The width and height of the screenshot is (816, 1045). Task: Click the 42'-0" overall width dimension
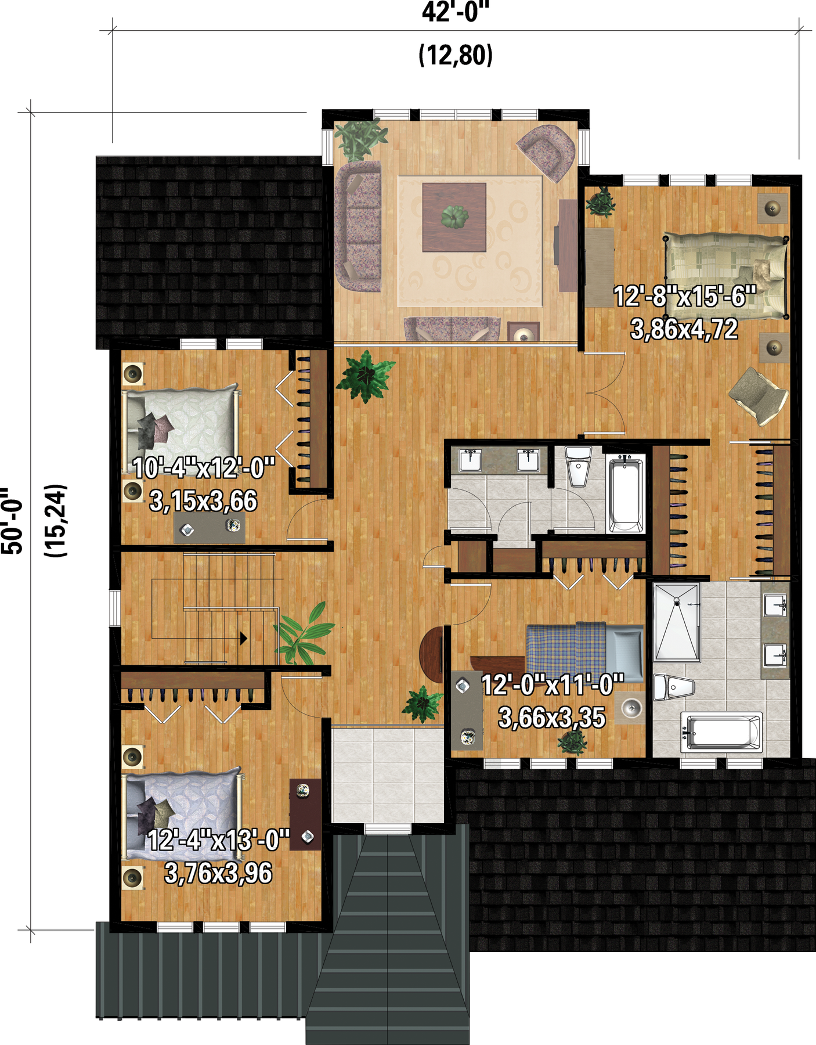pos(456,12)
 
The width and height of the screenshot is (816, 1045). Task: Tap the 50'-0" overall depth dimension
pos(13,520)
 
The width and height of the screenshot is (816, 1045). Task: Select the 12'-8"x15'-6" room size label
pos(685,297)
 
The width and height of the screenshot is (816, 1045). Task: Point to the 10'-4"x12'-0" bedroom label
pos(204,468)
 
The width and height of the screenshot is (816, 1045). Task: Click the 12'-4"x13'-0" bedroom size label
pos(218,840)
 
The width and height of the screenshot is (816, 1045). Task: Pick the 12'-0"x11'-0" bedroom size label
pos(553,685)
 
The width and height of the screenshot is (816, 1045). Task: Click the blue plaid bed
pos(584,651)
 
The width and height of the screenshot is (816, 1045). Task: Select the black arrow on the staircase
pos(244,639)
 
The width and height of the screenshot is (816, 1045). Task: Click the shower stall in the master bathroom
pos(677,622)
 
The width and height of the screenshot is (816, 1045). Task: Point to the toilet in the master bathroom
pos(673,688)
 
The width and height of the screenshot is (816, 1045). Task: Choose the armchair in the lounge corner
pos(546,152)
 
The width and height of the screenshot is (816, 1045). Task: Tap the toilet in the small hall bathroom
pos(578,465)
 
